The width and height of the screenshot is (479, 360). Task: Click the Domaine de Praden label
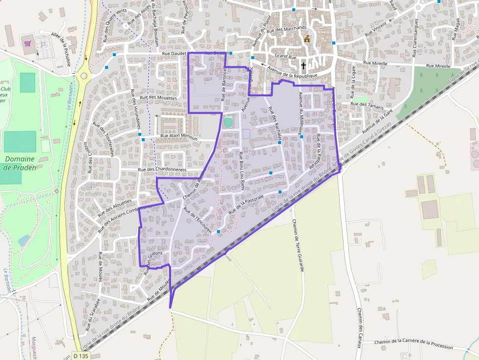20,163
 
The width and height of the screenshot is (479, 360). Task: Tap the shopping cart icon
28,43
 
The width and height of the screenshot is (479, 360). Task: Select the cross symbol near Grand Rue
303,65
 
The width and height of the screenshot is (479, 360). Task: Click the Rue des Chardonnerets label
169,169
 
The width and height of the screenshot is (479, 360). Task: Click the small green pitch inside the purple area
228,122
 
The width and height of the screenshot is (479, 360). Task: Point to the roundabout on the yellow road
84,76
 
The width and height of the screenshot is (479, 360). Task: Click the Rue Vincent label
376,29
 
